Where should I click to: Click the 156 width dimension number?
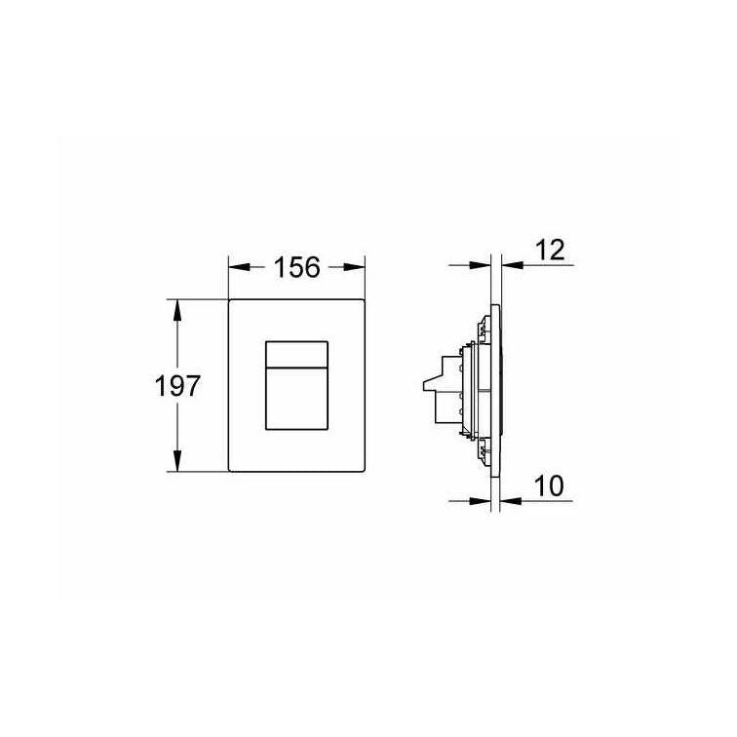[x=296, y=267]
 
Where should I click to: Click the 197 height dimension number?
[x=177, y=386]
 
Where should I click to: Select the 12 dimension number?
[x=550, y=250]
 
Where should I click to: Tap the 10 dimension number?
[x=549, y=486]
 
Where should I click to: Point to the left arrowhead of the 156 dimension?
[x=239, y=267]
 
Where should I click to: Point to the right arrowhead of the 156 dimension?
[x=355, y=267]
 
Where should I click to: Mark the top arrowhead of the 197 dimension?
[x=177, y=310]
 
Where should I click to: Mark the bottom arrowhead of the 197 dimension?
[x=177, y=460]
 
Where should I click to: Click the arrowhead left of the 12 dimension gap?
[x=480, y=265]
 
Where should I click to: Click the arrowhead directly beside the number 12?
[x=512, y=265]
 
